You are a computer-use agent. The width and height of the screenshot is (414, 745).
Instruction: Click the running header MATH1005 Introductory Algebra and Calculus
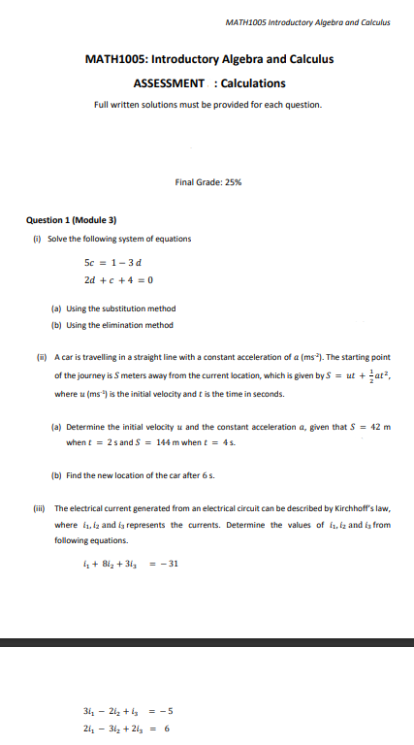pos(306,21)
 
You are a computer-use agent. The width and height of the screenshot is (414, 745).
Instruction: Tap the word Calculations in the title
pos(254,83)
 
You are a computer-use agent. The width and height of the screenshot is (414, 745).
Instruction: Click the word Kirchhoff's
pos(341,508)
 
